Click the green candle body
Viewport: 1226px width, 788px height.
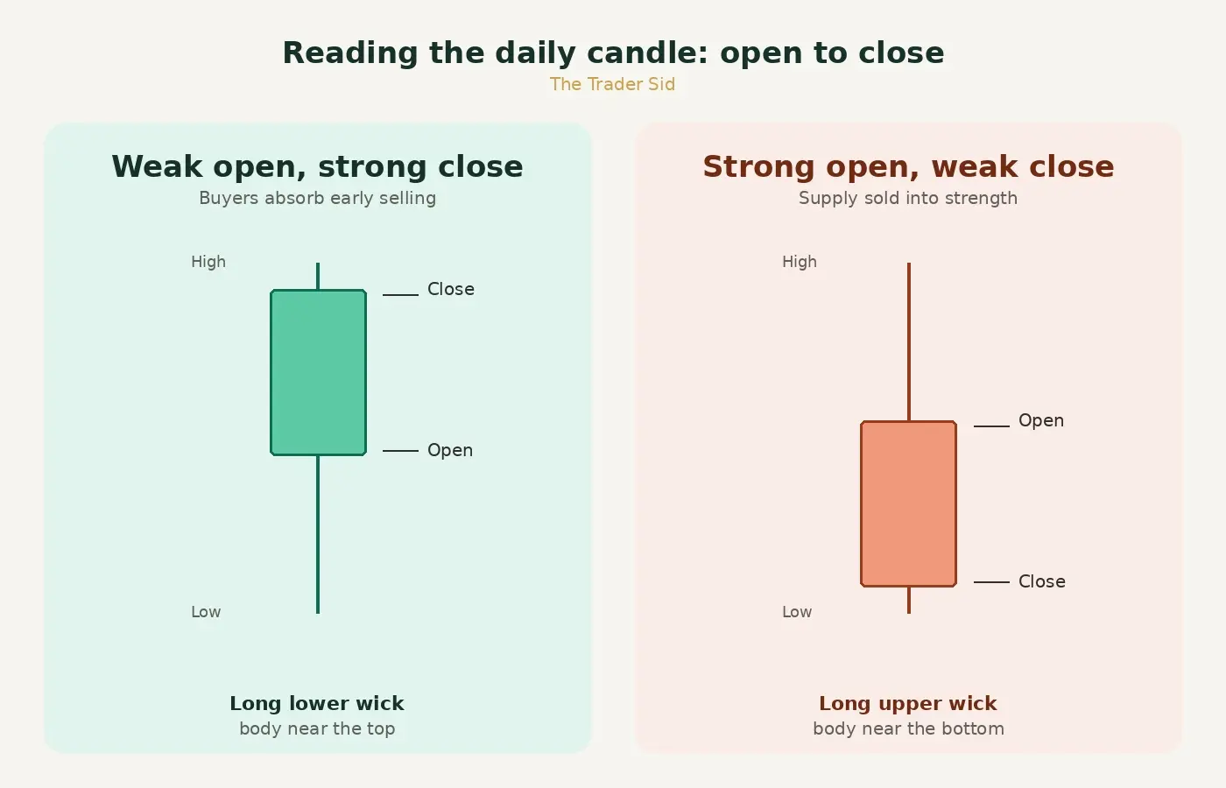pos(318,372)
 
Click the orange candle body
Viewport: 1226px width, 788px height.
pos(909,503)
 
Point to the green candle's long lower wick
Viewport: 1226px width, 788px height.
pos(318,534)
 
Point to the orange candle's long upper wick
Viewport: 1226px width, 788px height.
pos(909,342)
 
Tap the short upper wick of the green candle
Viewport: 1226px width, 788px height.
pos(318,276)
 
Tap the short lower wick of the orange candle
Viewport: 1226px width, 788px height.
pos(909,601)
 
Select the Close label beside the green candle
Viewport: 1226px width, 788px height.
pos(450,289)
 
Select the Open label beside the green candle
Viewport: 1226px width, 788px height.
pos(450,450)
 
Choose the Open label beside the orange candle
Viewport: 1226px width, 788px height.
pos(1041,421)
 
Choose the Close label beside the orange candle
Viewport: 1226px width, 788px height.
pos(1041,581)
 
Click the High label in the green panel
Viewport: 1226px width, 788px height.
pos(208,262)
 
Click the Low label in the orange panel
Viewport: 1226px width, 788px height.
pos(797,612)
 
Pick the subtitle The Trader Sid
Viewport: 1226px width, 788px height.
pos(612,84)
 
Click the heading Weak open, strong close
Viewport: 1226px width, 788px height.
pos(317,166)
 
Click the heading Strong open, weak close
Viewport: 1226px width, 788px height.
pos(909,166)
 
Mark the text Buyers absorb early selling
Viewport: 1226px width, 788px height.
pos(317,198)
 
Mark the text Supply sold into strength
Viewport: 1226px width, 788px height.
pos(908,198)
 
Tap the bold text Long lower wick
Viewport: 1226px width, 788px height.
pos(317,703)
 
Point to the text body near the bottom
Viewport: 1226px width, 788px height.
pos(909,728)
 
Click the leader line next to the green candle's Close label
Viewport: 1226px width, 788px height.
pos(401,295)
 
